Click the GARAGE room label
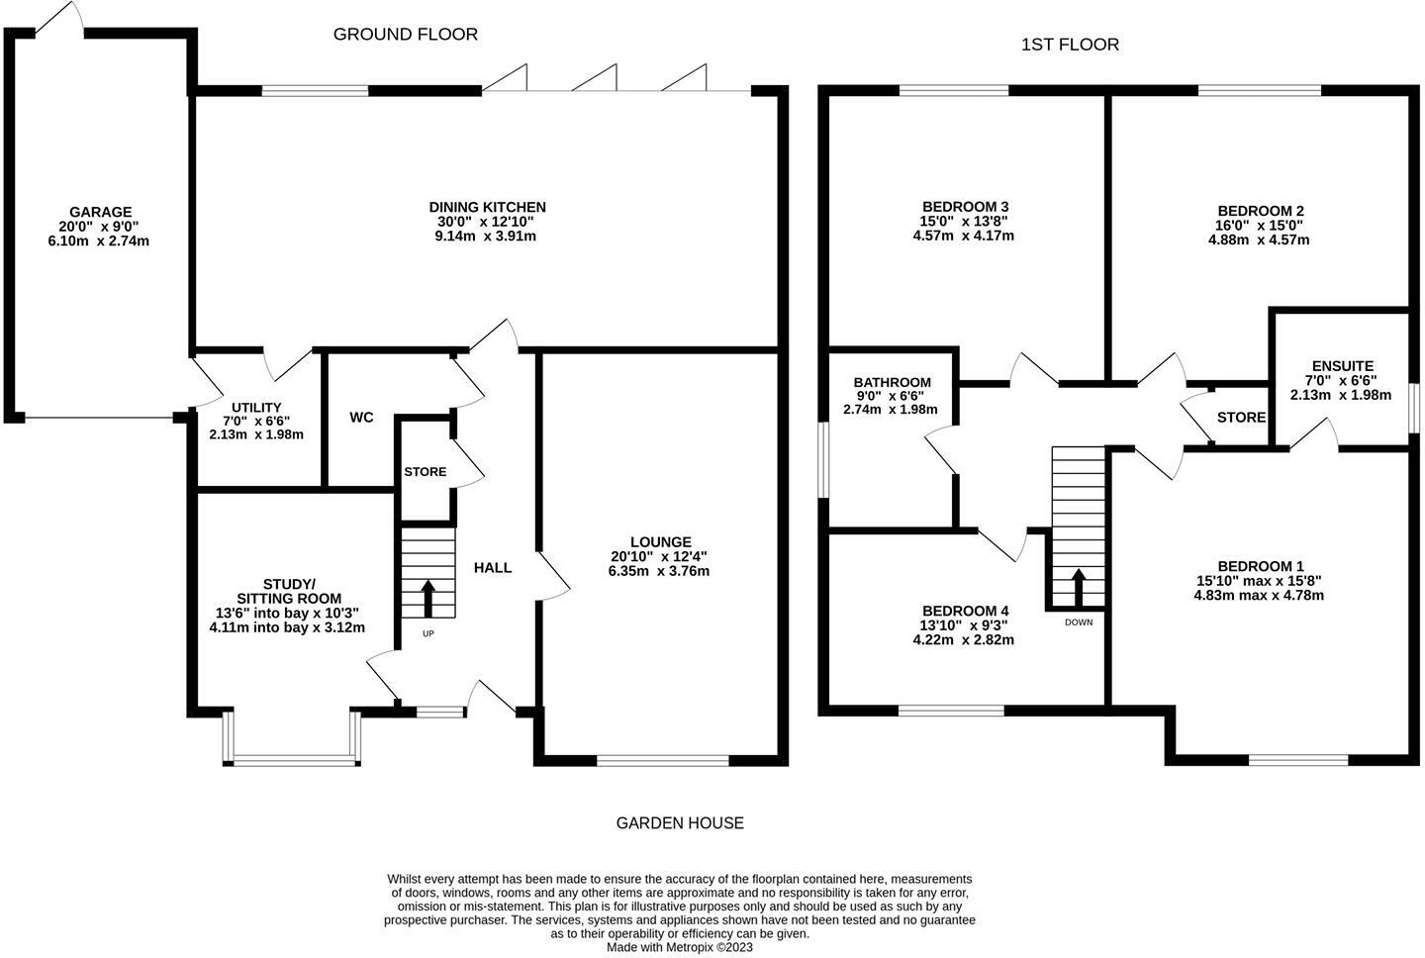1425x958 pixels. click(101, 212)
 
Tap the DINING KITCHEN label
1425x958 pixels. click(487, 208)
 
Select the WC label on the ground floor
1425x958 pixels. click(361, 418)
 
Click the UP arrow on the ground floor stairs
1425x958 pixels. click(428, 599)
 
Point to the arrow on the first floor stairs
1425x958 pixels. click(1079, 587)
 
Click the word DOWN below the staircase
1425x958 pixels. click(1079, 623)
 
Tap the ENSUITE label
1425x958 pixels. click(1343, 366)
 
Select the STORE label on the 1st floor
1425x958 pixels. click(1241, 418)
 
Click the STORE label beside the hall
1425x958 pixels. click(425, 471)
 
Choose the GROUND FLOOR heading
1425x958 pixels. click(406, 35)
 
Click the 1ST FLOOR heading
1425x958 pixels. click(1070, 45)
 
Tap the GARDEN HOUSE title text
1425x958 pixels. click(680, 823)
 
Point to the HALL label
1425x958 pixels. click(493, 567)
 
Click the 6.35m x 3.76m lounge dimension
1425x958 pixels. click(658, 571)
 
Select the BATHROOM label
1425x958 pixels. click(892, 382)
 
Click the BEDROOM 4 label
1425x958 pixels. click(965, 612)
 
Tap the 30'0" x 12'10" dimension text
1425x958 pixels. click(485, 222)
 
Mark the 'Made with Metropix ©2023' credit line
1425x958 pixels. click(680, 947)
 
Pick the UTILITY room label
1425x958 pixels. click(256, 408)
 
